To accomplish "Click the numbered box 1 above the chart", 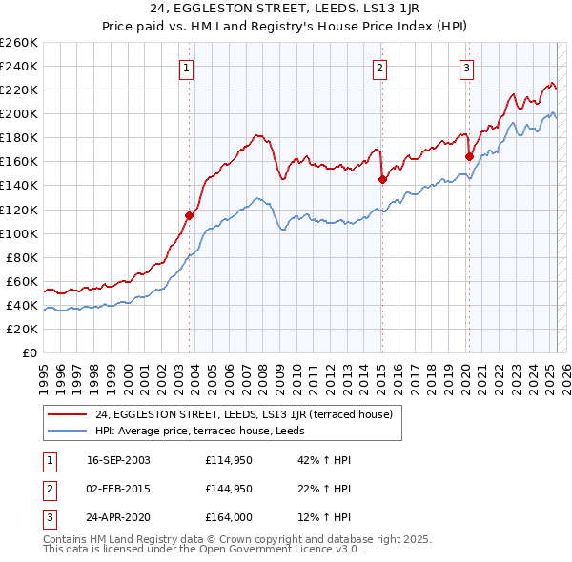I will (x=186, y=68).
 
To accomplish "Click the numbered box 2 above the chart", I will (x=379, y=68).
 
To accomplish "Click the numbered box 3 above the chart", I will (x=467, y=68).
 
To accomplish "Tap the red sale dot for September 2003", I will (x=189, y=215).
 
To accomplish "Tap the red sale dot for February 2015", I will (x=381, y=179).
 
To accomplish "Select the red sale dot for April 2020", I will (x=469, y=156).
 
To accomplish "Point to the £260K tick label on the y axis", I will (x=19, y=43).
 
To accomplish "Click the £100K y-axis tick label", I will (x=19, y=233).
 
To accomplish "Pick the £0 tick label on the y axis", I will (x=29, y=352).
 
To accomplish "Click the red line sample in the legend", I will (x=67, y=413).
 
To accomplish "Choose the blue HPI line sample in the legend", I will (x=67, y=430).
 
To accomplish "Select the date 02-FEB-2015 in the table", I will (x=118, y=489).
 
